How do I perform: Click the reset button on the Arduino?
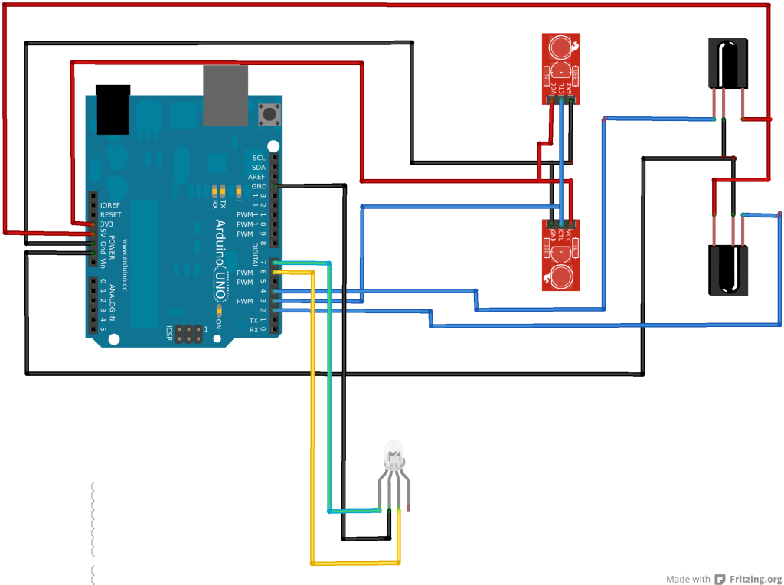269,115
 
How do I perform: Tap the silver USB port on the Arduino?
226,96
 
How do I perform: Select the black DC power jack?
113,109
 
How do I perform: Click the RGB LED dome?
394,452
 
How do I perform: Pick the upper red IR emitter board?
561,68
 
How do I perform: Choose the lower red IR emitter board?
561,255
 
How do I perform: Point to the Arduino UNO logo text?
220,252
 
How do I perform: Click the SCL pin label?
258,158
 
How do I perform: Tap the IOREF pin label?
110,205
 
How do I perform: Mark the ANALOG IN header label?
112,302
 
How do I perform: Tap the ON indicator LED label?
218,322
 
